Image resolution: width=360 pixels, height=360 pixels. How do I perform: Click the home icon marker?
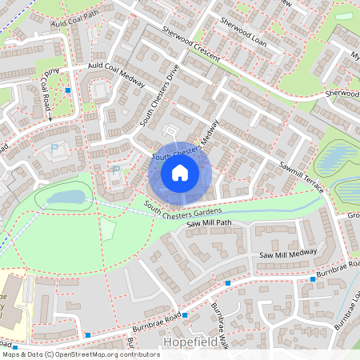click(180, 172)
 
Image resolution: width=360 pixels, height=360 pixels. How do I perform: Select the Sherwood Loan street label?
click(242, 34)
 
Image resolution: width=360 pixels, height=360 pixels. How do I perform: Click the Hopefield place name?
click(190, 342)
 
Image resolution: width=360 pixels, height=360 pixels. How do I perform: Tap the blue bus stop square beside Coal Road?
click(68, 90)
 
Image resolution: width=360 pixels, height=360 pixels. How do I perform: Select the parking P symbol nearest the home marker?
click(115, 170)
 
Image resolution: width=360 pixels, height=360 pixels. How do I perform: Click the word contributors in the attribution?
click(136, 354)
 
